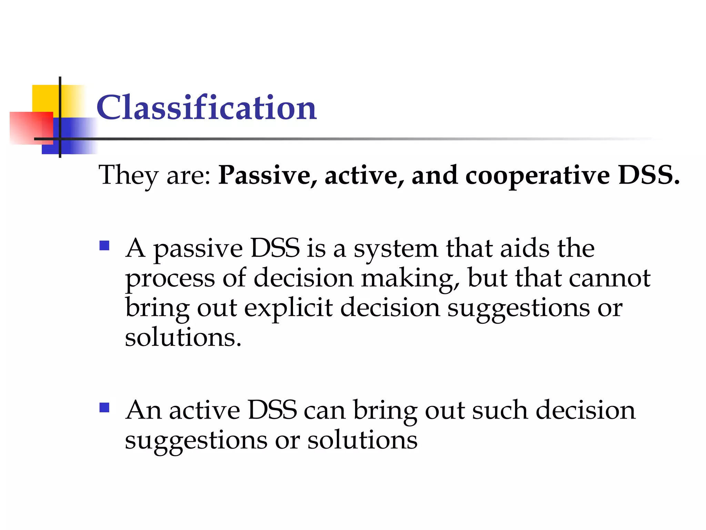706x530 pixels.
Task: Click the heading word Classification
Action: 206,108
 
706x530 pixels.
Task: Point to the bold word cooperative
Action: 537,175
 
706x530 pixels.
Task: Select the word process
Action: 170,279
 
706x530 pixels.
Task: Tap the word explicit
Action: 288,308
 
